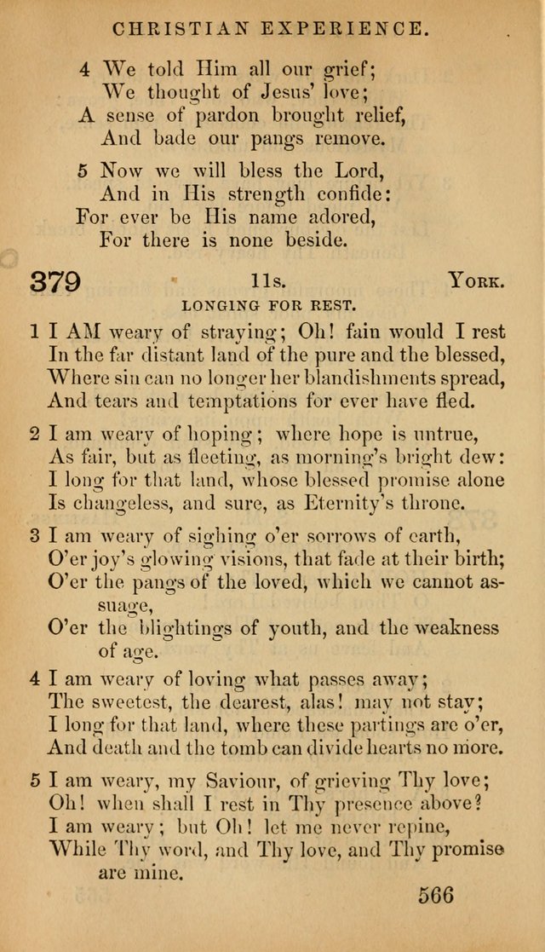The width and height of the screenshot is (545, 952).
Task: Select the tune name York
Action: coord(478,282)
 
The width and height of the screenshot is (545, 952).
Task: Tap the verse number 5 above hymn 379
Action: coord(83,170)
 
